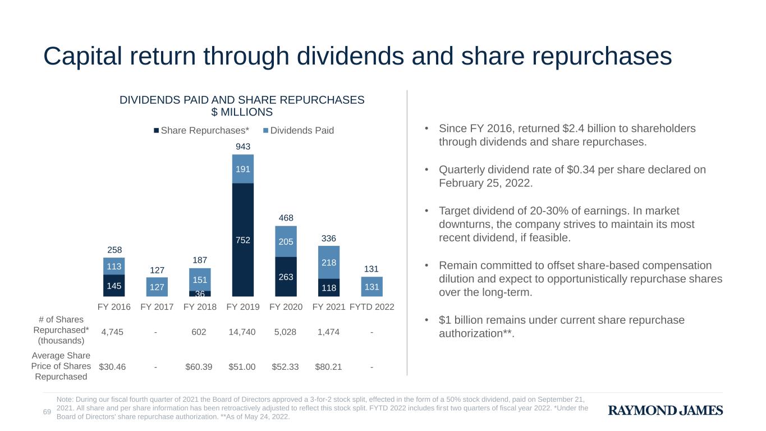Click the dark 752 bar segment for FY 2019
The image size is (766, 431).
tap(242, 240)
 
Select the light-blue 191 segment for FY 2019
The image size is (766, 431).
tap(242, 169)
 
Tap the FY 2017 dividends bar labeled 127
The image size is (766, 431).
tap(157, 287)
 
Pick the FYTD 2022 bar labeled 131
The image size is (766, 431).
tap(372, 287)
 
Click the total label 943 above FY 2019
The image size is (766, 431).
tap(242, 147)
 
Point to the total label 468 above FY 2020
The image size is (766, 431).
tap(286, 218)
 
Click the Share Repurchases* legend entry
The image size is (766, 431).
tap(201, 131)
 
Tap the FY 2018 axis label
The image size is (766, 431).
tap(200, 308)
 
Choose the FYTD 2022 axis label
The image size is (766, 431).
tap(372, 308)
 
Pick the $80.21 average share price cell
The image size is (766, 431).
tap(328, 367)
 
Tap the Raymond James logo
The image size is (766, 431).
tap(666, 411)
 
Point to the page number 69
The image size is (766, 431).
tap(47, 412)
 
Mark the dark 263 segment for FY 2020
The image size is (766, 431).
tap(286, 276)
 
